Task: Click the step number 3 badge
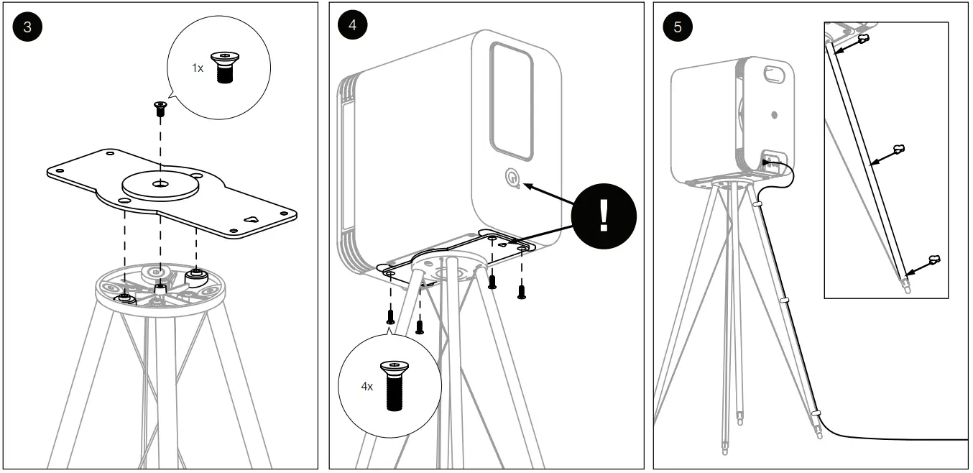pyautogui.click(x=27, y=27)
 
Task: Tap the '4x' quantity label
pyautogui.click(x=366, y=386)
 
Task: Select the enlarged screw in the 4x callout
pyautogui.click(x=393, y=385)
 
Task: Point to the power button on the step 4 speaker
pyautogui.click(x=511, y=177)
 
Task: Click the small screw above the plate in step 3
pyautogui.click(x=160, y=109)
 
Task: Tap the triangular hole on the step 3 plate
pyautogui.click(x=251, y=220)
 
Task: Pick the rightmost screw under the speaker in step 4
pyautogui.click(x=522, y=291)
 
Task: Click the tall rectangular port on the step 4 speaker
pyautogui.click(x=511, y=100)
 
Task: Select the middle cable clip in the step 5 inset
pyautogui.click(x=898, y=149)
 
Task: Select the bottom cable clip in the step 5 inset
pyautogui.click(x=933, y=258)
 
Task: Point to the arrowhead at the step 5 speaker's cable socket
pyautogui.click(x=766, y=164)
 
